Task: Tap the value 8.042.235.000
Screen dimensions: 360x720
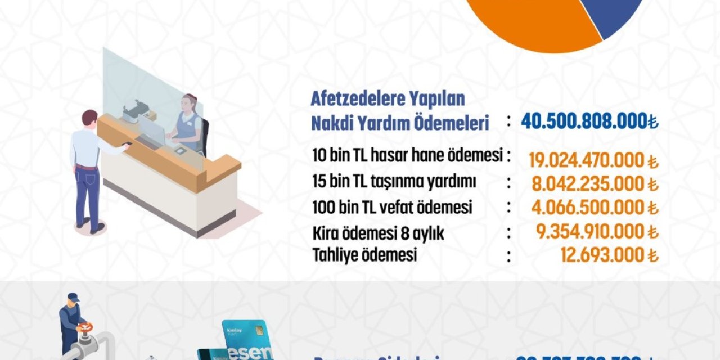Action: click(588, 184)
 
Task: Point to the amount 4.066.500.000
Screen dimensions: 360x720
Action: click(588, 208)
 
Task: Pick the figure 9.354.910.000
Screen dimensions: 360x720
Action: click(588, 231)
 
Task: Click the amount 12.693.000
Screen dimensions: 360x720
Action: click(602, 255)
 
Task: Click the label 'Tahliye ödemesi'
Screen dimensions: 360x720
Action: click(364, 255)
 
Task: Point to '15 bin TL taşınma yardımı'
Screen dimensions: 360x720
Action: click(394, 182)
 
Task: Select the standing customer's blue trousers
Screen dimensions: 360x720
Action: click(88, 194)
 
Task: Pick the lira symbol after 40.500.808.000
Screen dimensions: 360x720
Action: click(653, 121)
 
